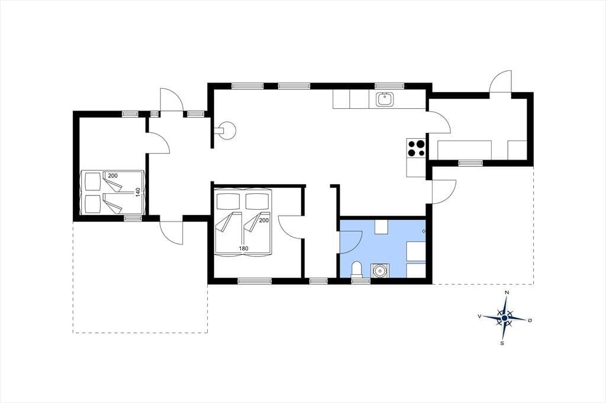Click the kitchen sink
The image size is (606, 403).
point(385,99)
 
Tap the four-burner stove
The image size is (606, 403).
point(416,148)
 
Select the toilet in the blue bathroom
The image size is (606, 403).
point(357,269)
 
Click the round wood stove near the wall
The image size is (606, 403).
point(226,130)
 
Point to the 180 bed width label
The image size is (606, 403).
point(243,249)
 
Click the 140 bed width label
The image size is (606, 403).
point(138,192)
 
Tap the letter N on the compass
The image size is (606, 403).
point(507,292)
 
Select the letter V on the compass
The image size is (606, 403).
point(479,316)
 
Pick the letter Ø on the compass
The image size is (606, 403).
point(530,320)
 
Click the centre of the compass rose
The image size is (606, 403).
point(504,318)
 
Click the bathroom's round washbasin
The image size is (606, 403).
point(379,270)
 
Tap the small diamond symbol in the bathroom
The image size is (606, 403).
point(424,231)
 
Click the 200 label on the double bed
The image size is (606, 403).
point(264,220)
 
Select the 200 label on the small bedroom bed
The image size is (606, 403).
point(113,175)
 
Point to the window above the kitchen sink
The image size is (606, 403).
point(389,86)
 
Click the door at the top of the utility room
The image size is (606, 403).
point(501,82)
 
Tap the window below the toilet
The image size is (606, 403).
point(360,281)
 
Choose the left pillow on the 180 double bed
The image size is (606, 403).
point(228,201)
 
